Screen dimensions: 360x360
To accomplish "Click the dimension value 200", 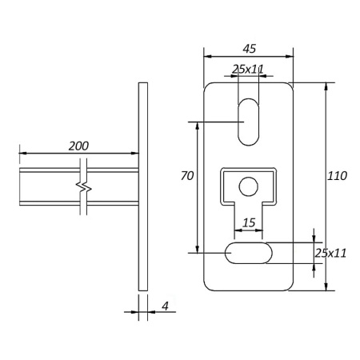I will click(x=78, y=146).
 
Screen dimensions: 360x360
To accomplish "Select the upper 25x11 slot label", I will click(x=248, y=70).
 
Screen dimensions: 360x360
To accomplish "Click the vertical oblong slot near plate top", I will click(x=249, y=122).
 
